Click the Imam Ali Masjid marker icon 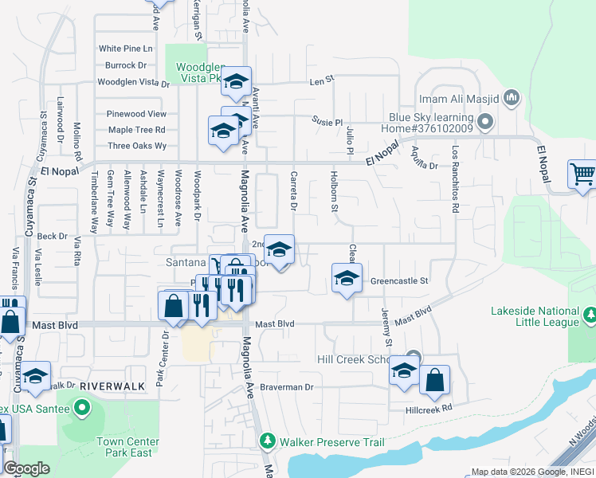(x=512, y=99)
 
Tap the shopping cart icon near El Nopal (x=582, y=174)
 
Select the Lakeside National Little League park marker (x=589, y=317)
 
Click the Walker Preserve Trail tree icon (x=268, y=441)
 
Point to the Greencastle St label (x=399, y=281)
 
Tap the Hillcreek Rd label (x=429, y=407)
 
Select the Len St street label (x=320, y=82)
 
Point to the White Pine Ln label (x=125, y=49)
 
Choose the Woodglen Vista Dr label (x=133, y=82)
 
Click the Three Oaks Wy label (x=137, y=146)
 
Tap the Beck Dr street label (x=52, y=237)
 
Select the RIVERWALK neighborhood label (x=112, y=386)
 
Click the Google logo (x=27, y=468)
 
